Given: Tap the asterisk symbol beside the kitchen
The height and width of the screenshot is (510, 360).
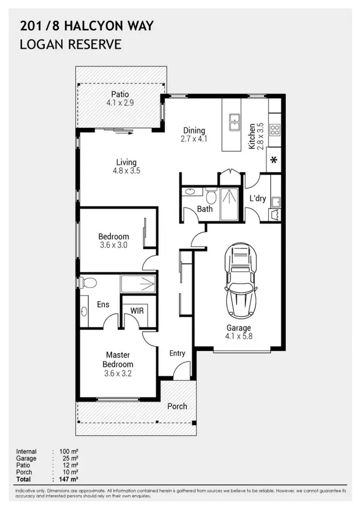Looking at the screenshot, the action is coord(274,160).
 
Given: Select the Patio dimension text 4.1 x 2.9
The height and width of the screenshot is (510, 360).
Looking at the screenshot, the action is coord(120,103).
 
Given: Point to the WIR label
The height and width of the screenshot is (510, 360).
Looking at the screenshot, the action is coord(137,311).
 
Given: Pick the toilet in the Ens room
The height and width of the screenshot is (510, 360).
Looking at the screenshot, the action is coord(88,282).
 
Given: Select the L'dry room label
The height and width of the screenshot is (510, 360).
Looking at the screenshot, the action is coord(258,198).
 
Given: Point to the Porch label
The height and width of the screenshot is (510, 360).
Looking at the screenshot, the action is coord(177,406).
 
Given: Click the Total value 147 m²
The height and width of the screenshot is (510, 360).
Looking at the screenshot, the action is coord(68,479).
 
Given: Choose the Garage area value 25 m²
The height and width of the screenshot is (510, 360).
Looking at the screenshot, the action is coord(70,458).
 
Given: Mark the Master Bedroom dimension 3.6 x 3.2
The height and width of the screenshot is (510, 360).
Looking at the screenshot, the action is coord(118,374).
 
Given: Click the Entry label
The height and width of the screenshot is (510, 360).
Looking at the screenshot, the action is coord(177,353).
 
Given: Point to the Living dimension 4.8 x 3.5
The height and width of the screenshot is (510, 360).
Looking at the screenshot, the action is coord(126,170).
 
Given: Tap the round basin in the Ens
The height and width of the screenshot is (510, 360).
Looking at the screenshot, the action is coord(84,312).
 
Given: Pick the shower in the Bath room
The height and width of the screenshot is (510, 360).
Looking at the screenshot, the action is coord(229,204).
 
